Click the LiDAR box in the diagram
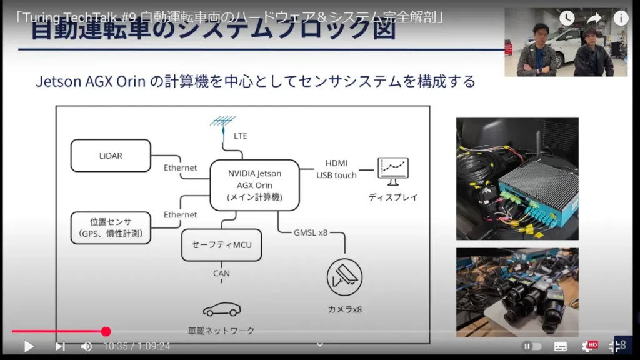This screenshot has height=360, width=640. click(111, 155)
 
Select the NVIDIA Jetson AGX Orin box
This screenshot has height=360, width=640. click(254, 185)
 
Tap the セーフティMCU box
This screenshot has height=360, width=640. click(221, 244)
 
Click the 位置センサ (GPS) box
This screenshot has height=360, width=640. click(111, 227)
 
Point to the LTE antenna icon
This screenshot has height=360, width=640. click(222, 122)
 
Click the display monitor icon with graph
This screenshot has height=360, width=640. click(393, 171)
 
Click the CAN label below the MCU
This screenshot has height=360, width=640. click(221, 273)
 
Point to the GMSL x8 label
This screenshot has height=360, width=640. click(311, 232)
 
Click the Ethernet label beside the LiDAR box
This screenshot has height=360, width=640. click(181, 167)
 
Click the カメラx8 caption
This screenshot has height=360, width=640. click(345, 309)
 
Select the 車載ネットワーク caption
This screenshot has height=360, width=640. click(221, 331)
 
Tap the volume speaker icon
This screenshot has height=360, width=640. click(86, 346)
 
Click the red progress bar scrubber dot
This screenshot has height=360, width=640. click(106, 332)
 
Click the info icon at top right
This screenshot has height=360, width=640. click(620, 18)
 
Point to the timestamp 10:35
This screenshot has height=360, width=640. click(115, 346)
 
